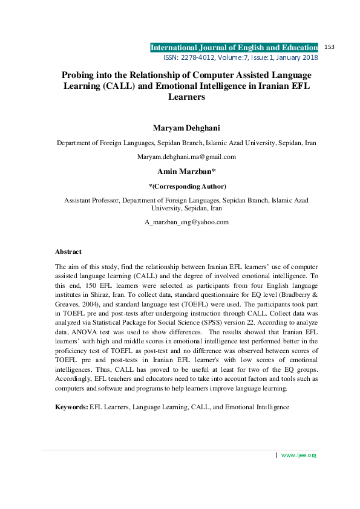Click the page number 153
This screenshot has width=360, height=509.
tap(330, 47)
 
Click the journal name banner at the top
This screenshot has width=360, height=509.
tap(234, 48)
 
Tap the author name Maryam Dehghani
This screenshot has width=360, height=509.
tap(186, 128)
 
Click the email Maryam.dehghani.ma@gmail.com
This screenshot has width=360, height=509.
tap(186, 157)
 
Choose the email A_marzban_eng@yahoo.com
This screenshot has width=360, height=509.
tap(186, 222)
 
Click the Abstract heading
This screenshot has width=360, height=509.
tap(68, 251)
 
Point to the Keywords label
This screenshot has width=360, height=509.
tap(71, 407)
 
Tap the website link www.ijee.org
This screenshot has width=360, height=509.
tap(299, 455)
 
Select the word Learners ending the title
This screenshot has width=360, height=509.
tap(186, 97)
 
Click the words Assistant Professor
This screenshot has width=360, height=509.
tap(91, 199)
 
